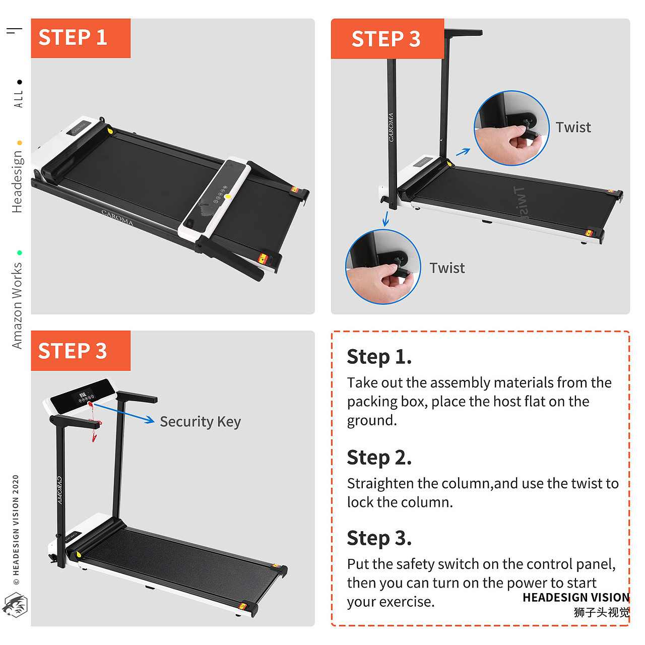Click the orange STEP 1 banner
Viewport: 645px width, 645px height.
pos(81,38)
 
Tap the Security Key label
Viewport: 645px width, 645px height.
pos(200,422)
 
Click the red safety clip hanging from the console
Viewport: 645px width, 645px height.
pos(94,422)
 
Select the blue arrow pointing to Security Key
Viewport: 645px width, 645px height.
pos(124,413)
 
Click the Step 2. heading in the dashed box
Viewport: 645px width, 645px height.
pos(379,458)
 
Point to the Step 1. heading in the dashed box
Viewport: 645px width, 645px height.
pos(379,357)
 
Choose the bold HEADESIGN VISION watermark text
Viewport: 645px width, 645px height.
pos(576,597)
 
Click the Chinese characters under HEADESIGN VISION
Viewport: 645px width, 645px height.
pos(602,612)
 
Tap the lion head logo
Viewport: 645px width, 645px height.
pos(15,605)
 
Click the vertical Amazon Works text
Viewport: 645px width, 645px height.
pos(17,305)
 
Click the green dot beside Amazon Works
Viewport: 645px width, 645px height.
pos(20,253)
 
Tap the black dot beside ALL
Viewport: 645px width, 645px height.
pos(20,82)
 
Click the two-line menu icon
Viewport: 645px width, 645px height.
pos(14,31)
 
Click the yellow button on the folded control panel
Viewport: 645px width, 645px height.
pos(228,197)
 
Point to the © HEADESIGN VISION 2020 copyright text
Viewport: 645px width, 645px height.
pos(16,530)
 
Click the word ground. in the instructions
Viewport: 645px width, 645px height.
pos(371,420)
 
